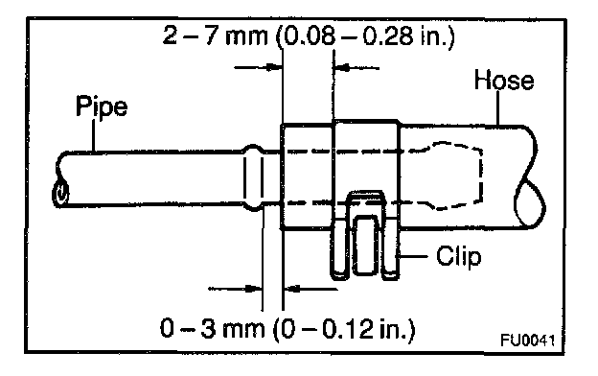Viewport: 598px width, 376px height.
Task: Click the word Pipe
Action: click(x=102, y=106)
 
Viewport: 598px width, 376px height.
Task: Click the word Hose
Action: click(x=504, y=81)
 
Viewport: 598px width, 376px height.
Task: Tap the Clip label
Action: click(x=459, y=256)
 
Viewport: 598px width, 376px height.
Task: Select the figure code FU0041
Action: click(x=527, y=341)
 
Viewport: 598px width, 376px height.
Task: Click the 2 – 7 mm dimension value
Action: click(x=216, y=35)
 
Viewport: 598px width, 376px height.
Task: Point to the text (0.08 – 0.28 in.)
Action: click(x=364, y=37)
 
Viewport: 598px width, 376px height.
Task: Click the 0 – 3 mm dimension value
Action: click(x=213, y=328)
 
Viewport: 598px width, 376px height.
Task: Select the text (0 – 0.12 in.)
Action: click(x=344, y=329)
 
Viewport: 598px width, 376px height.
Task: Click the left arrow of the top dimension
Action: click(x=258, y=67)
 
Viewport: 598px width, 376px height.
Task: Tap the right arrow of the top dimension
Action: click(x=356, y=68)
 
